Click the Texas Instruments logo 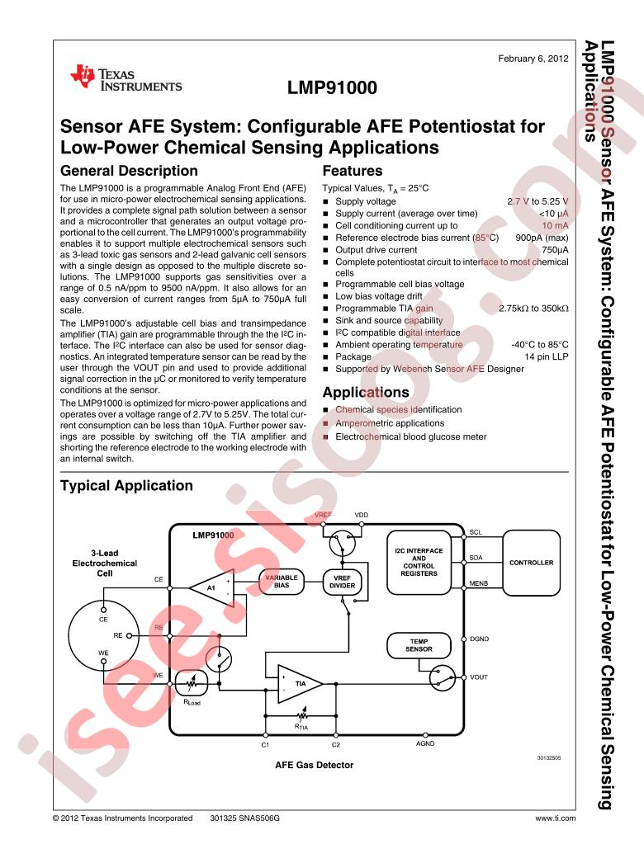pos(126,79)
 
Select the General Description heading pos(130,172)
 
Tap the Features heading pos(352,172)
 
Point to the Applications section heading pos(366,392)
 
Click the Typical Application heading pos(125,486)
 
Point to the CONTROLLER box pos(532,563)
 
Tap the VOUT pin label pos(479,677)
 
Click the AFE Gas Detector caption pos(314,765)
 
